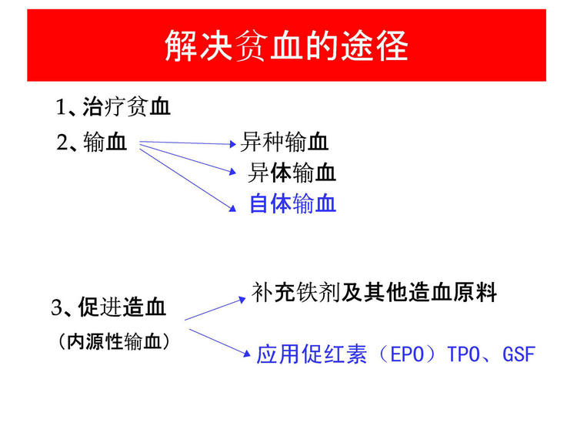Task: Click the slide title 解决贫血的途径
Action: (286, 45)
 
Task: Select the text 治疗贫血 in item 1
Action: (126, 107)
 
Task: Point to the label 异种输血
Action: (284, 142)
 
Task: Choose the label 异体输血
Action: (292, 173)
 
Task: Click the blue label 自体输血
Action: (293, 203)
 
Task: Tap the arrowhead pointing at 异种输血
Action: (232, 144)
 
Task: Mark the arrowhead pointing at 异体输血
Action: (232, 171)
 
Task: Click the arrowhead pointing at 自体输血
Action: (232, 209)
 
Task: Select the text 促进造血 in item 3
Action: (122, 307)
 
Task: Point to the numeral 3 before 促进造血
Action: (56, 307)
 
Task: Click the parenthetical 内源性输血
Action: (115, 341)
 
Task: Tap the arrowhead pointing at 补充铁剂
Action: (242, 299)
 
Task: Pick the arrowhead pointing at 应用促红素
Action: (247, 353)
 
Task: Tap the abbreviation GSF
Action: (519, 354)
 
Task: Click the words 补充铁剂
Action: (295, 293)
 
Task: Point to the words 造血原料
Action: (452, 293)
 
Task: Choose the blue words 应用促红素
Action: (312, 354)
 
